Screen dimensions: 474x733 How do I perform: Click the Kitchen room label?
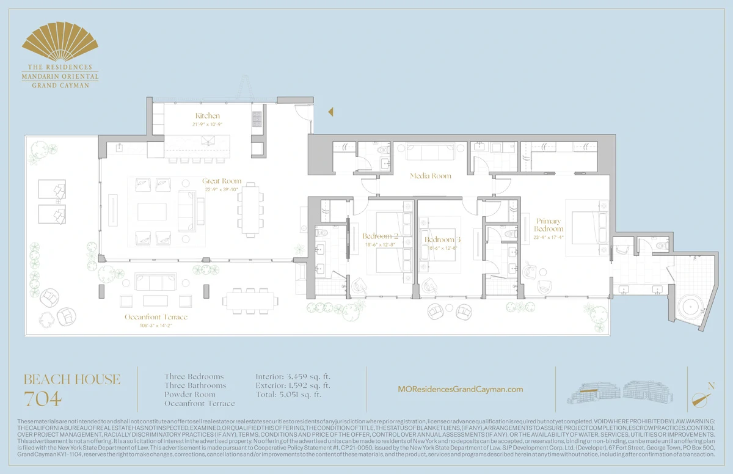(207, 116)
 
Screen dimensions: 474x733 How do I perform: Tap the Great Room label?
(222, 181)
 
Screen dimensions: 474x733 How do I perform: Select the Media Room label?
(430, 176)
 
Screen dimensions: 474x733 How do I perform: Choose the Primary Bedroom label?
(549, 225)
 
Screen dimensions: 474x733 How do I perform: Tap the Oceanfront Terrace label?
(156, 317)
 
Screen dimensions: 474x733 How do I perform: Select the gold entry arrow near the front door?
(330, 112)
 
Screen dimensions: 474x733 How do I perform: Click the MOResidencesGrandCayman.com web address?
(460, 389)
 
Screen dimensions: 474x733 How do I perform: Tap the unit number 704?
(43, 399)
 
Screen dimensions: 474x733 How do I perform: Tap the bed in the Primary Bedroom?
(586, 227)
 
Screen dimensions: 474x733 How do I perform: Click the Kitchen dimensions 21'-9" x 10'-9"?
(207, 124)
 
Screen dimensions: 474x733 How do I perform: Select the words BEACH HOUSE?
(71, 379)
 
